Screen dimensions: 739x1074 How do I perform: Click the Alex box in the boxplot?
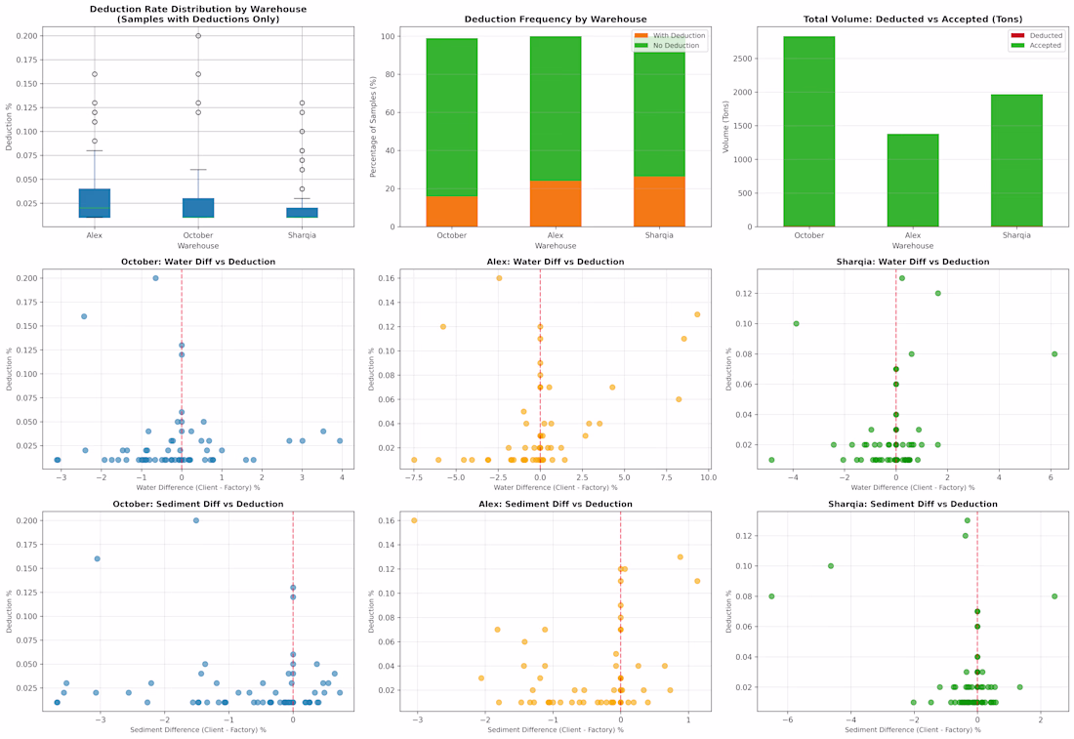94,203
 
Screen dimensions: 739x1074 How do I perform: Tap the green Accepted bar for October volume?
808,132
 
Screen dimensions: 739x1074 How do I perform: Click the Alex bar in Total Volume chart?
913,181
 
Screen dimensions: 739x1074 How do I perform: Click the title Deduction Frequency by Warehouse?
555,20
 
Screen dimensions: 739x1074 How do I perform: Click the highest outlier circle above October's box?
198,36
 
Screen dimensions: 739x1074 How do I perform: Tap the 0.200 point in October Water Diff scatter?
155,278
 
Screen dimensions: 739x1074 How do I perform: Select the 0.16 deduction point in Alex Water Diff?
499,278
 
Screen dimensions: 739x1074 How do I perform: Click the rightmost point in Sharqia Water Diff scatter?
1054,354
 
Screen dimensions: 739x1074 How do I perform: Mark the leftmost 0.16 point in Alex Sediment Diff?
414,520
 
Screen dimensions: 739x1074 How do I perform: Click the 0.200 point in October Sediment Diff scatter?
196,520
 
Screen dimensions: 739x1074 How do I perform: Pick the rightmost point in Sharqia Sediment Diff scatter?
1054,596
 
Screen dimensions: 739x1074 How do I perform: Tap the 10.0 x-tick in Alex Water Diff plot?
707,477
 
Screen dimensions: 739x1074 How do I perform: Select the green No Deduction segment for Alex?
555,108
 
